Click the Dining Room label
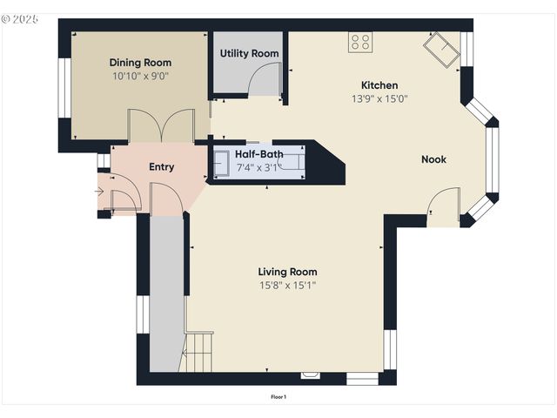coord(140,63)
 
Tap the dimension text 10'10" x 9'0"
coord(140,76)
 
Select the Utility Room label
coord(249,53)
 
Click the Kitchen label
coord(379,85)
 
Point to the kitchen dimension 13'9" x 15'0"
coord(379,98)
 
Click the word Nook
coord(434,159)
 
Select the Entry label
coord(161,167)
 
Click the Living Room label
coord(287,271)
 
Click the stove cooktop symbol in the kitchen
coord(360,42)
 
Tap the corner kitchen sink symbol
coord(442,50)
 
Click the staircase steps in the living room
coord(198,351)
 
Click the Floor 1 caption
coord(278,397)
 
